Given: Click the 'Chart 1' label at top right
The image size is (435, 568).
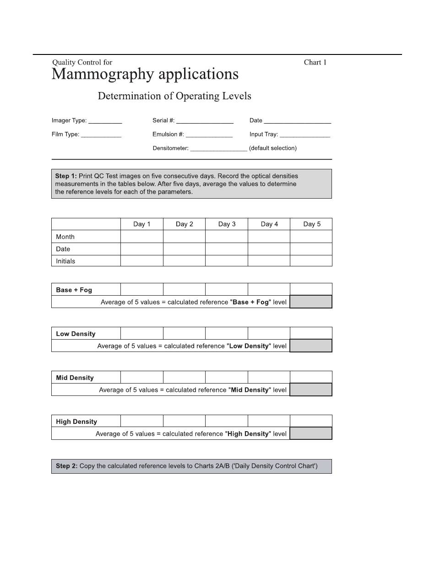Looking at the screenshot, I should coord(315,62).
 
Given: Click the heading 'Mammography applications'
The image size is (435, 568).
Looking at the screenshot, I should coord(145,74).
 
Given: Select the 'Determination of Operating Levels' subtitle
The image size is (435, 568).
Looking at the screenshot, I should coord(174,96).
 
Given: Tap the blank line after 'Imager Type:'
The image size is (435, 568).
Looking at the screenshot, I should coord(105,122).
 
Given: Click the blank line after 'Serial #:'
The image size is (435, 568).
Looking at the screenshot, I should coord(205,122).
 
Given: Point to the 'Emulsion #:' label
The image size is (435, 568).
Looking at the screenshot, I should coord(168,135).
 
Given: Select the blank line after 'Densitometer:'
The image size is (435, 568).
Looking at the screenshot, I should coord(218,149).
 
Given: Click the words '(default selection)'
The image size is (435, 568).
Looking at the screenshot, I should coord(273,148).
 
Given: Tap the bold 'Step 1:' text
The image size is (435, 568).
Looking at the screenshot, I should coord(66,176).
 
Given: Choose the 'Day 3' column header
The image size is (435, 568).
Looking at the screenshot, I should coord(227,224).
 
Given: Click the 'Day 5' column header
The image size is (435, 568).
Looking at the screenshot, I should coord(312,224).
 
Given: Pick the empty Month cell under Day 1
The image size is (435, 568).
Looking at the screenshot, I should coord(141,237).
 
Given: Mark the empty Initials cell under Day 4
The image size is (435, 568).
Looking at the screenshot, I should coord(269,261).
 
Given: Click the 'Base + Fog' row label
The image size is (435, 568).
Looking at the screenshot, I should coord(74,290).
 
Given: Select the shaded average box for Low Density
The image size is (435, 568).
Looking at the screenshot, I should coord(311,346).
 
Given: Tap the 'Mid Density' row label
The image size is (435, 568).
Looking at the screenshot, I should coord(75,378).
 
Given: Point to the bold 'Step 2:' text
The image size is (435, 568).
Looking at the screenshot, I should coord(67,466).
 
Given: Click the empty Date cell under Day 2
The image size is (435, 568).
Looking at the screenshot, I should coord(184,249).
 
